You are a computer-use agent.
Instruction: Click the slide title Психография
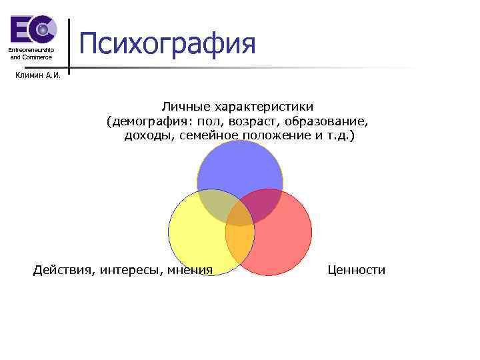[167, 44]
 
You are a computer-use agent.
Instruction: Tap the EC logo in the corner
[31, 30]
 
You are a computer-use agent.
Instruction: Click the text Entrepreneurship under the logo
[31, 51]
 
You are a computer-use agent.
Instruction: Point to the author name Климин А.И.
[38, 75]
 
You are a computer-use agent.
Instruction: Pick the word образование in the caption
[328, 121]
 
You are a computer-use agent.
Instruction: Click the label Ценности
[356, 269]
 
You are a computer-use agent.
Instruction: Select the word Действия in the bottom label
[63, 269]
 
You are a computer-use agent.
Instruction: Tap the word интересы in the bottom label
[131, 269]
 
